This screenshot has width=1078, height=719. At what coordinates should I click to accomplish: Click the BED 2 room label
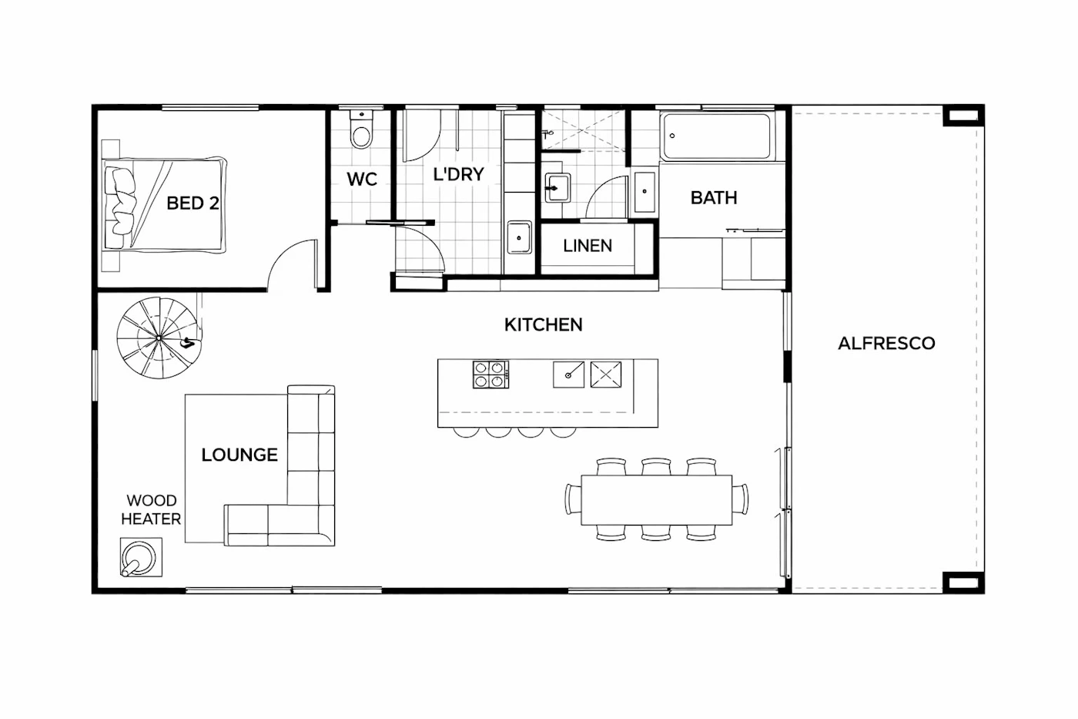point(193,203)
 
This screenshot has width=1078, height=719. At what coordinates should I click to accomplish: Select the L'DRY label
point(458,174)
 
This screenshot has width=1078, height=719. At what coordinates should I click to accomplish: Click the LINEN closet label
point(588,246)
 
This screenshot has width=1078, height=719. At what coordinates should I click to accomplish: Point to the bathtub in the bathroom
point(717,136)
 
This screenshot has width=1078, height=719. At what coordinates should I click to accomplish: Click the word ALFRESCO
point(886,344)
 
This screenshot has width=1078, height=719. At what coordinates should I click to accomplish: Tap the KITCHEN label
point(544,325)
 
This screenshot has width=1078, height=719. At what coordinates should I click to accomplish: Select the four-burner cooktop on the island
point(490,375)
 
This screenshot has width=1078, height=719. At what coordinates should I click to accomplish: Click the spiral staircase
point(159,338)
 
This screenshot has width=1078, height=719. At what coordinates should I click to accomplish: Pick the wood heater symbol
point(140,556)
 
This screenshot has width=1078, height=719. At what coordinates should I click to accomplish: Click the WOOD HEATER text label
point(151,510)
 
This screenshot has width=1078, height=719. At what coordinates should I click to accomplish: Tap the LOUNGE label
point(239,455)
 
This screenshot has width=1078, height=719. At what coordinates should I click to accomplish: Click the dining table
point(656,500)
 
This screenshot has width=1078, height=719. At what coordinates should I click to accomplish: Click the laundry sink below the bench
point(519,237)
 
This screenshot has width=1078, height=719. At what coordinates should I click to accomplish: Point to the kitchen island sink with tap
point(568,375)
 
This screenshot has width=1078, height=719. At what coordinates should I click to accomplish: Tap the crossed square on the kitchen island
point(606,375)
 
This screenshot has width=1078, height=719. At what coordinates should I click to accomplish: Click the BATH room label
point(714,198)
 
